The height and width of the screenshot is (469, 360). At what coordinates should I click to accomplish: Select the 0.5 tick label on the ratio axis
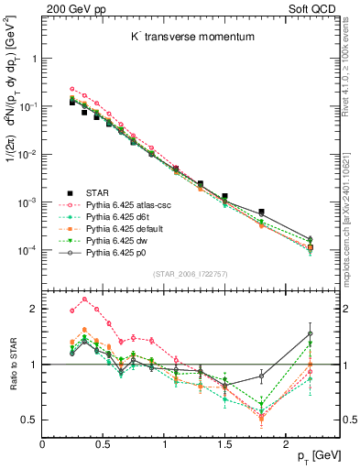click(29, 420)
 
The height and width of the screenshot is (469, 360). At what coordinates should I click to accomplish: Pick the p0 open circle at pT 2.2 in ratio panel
click(310, 333)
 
